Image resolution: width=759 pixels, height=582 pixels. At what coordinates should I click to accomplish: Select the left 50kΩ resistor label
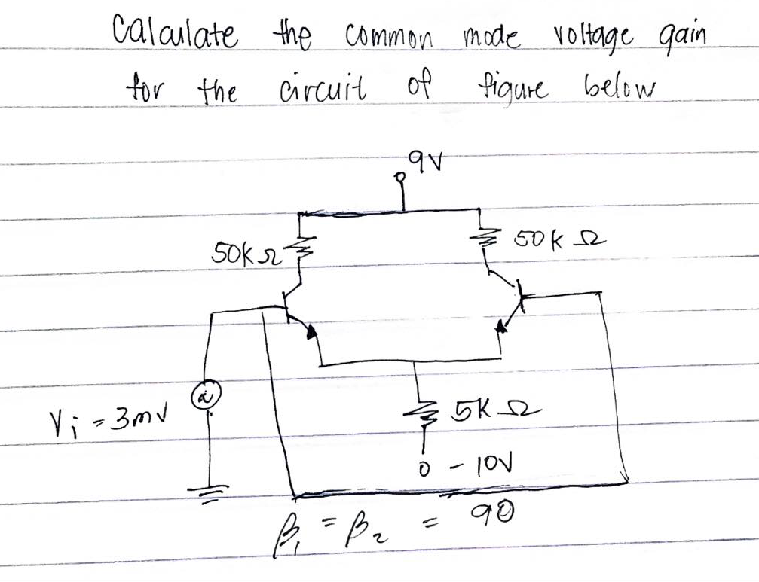[x=245, y=252]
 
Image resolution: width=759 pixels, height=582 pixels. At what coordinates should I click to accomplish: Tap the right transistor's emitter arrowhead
[x=503, y=329]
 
